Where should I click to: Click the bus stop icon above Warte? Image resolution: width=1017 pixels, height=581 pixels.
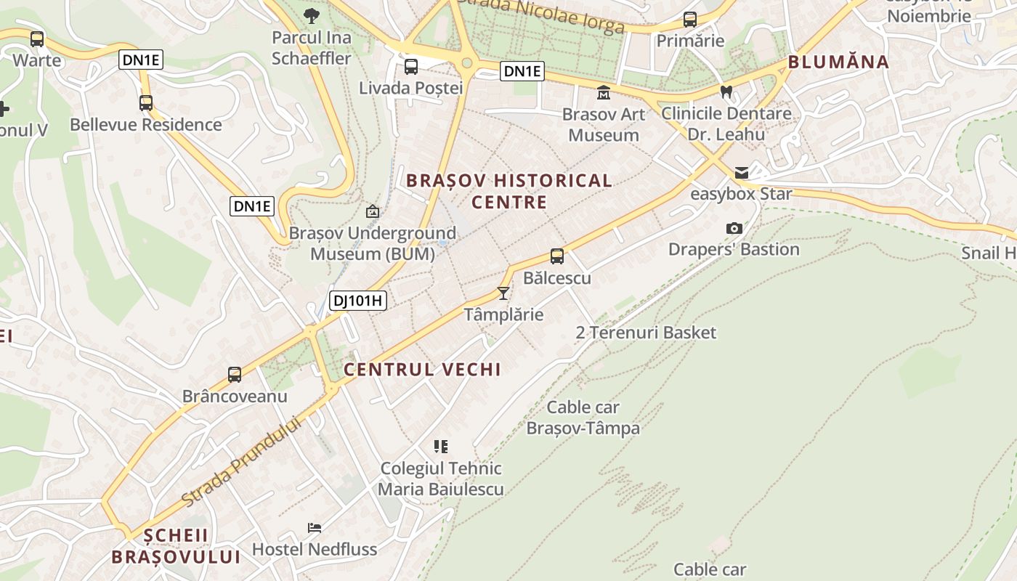pos(37,39)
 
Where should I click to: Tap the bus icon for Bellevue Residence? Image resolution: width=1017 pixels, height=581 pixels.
pos(146,103)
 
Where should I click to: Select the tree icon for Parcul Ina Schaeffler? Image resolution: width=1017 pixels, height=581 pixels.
pos(311,15)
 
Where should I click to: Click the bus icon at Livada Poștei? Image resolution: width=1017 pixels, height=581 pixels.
pos(411,67)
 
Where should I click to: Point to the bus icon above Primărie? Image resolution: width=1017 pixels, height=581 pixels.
pos(690,20)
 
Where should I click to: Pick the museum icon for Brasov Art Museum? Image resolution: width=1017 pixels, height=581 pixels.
pos(604,93)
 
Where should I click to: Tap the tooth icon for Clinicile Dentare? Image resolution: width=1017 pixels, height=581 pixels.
pos(725,92)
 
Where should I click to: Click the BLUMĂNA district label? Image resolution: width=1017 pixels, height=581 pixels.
pos(839,62)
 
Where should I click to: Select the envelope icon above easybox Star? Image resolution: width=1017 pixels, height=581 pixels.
pos(742,173)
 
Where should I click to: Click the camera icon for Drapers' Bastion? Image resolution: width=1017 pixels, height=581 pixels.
pos(734,228)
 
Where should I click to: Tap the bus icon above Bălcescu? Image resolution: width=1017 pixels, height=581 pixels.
pos(557,256)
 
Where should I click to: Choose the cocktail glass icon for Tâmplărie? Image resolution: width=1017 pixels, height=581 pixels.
pos(503,293)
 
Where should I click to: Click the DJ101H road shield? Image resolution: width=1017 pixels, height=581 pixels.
pos(358,301)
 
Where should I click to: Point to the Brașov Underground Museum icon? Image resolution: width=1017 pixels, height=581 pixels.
pos(373,211)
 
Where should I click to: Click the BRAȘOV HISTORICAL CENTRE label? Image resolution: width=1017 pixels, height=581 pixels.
pos(509,191)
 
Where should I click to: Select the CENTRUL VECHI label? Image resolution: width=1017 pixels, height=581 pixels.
pos(422,369)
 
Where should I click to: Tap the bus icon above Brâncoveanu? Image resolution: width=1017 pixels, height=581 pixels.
pos(235,375)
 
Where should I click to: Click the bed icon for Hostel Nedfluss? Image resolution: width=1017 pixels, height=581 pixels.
pos(315,527)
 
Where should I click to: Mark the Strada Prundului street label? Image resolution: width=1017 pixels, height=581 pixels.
pos(241,463)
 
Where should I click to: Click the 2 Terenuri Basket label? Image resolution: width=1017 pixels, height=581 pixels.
pos(646,333)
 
